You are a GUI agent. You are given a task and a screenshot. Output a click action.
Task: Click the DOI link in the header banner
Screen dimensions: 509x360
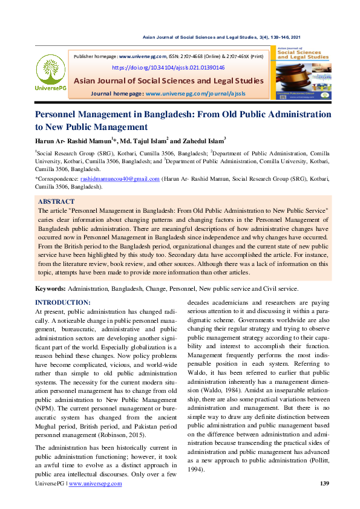[168, 68]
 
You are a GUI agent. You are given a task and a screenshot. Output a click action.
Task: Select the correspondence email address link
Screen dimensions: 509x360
[120, 179]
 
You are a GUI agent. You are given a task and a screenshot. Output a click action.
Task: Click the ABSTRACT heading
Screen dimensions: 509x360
[56, 201]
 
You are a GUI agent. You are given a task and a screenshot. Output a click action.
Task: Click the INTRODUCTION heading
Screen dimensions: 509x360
[63, 302]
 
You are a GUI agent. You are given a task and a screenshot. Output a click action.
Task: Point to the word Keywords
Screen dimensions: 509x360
[50, 289]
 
